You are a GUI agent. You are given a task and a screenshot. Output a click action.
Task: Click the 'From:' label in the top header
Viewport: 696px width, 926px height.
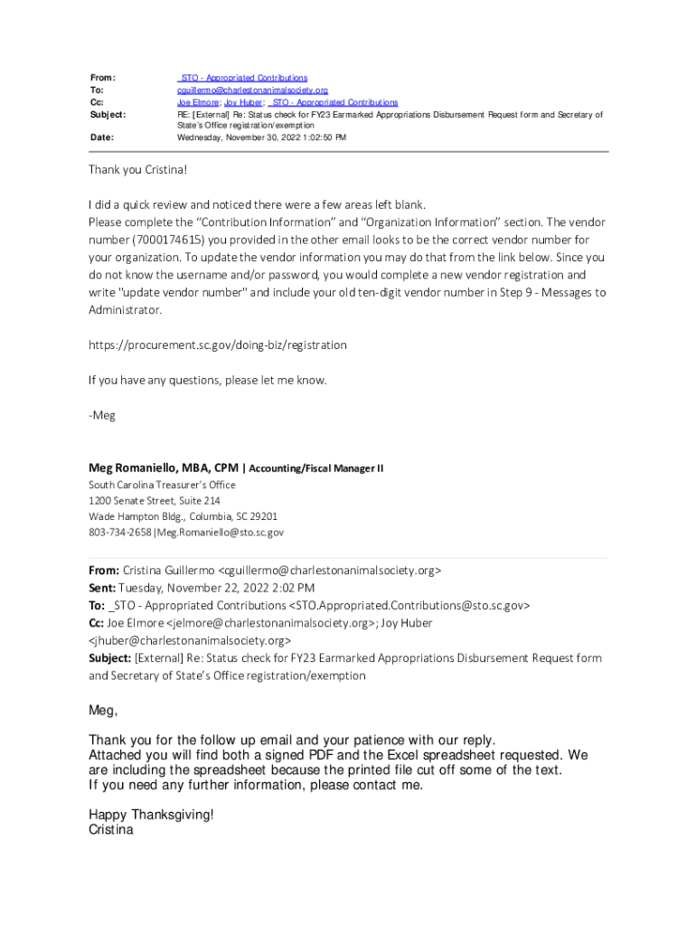(x=103, y=79)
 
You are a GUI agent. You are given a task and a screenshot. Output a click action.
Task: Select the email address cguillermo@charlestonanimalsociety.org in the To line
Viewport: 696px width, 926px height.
(x=252, y=90)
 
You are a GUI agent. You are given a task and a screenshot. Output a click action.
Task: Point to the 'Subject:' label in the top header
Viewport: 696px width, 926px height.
(x=108, y=115)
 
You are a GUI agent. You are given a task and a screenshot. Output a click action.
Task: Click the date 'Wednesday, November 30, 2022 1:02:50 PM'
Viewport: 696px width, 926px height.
(x=261, y=137)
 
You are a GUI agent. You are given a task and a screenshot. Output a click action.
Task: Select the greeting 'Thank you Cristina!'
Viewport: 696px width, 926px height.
(x=137, y=170)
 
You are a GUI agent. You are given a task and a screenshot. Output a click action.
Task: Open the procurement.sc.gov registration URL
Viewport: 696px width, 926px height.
(x=217, y=345)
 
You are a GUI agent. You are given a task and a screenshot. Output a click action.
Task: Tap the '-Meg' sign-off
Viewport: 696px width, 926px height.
(x=102, y=415)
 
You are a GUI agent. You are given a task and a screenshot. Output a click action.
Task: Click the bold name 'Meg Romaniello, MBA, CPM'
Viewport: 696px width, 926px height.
(x=164, y=468)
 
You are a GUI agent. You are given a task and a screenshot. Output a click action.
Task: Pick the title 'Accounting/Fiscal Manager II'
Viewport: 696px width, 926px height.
(x=316, y=468)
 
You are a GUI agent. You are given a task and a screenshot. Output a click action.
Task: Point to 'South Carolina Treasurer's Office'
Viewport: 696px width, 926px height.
(x=162, y=485)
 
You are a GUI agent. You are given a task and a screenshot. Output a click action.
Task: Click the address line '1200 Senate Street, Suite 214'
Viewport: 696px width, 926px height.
(x=155, y=500)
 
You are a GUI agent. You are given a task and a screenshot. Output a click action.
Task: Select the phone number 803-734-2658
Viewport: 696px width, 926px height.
(x=120, y=533)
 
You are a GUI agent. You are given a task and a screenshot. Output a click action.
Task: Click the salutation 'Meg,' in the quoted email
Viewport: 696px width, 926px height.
(x=103, y=711)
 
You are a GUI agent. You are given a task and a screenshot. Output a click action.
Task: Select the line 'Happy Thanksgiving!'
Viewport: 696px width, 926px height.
(x=151, y=814)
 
